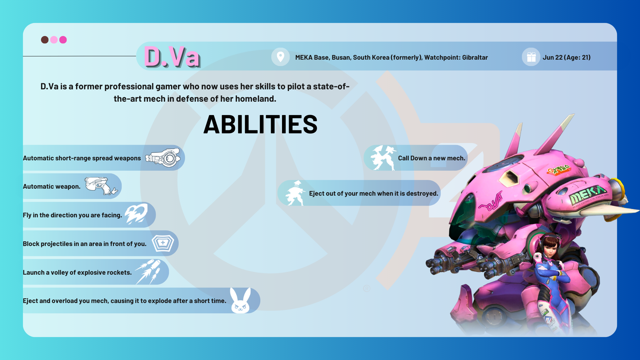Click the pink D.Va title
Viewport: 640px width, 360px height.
click(x=172, y=57)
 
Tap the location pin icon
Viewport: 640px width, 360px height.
click(x=280, y=57)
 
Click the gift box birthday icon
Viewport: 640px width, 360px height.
click(x=531, y=57)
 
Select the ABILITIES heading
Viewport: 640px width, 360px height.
click(x=260, y=124)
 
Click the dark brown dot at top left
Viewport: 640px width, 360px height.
click(x=45, y=40)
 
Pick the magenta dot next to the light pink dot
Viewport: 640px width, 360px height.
click(x=63, y=40)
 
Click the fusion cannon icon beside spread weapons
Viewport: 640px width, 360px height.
click(x=163, y=157)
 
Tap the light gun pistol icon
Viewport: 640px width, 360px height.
click(x=101, y=186)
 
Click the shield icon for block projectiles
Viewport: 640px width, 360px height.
click(x=163, y=243)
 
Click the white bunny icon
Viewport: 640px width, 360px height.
click(x=240, y=301)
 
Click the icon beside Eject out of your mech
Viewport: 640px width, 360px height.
click(x=295, y=193)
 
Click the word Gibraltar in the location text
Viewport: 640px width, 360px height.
click(x=475, y=57)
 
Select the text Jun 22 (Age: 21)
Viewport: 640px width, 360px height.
click(x=566, y=57)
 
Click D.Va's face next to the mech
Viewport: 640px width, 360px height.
click(x=550, y=247)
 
